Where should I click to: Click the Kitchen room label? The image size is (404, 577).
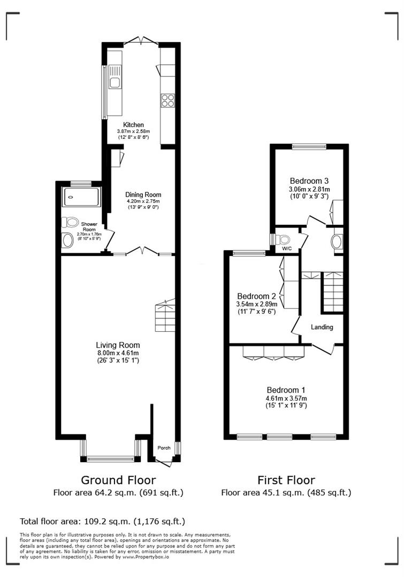133,124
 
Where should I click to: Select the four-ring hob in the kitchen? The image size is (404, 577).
167,100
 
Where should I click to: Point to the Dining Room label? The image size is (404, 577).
143,194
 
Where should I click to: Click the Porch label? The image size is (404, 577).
163,448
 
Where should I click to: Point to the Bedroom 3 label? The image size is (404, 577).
309,180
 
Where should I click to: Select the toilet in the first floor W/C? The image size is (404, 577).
280,239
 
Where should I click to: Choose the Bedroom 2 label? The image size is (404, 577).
256,296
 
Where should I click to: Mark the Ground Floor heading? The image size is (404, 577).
118,479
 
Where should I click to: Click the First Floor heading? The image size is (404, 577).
286,479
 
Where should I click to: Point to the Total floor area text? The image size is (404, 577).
102,521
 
